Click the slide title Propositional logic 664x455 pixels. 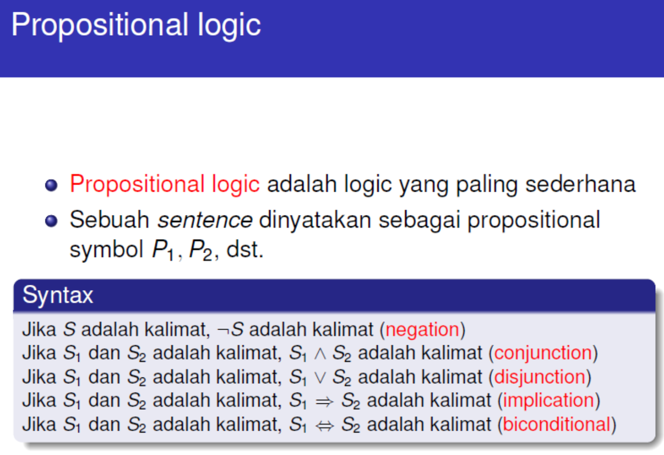click(136, 25)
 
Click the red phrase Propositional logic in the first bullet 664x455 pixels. click(165, 184)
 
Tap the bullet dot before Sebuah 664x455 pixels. click(51, 221)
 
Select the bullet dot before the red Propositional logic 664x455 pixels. click(51, 185)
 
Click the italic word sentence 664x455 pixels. click(205, 220)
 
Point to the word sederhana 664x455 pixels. click(581, 184)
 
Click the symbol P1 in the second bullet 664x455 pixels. click(162, 250)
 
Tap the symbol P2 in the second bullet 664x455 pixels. click(200, 250)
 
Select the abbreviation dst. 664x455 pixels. click(245, 249)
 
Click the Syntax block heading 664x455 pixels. click(58, 295)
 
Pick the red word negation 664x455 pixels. click(422, 330)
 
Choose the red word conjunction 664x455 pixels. click(543, 353)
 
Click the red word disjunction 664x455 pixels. click(540, 376)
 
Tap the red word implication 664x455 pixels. click(548, 400)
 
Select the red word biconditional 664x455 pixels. click(556, 424)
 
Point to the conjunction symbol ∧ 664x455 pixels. click(320, 354)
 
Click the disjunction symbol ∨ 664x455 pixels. click(320, 377)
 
